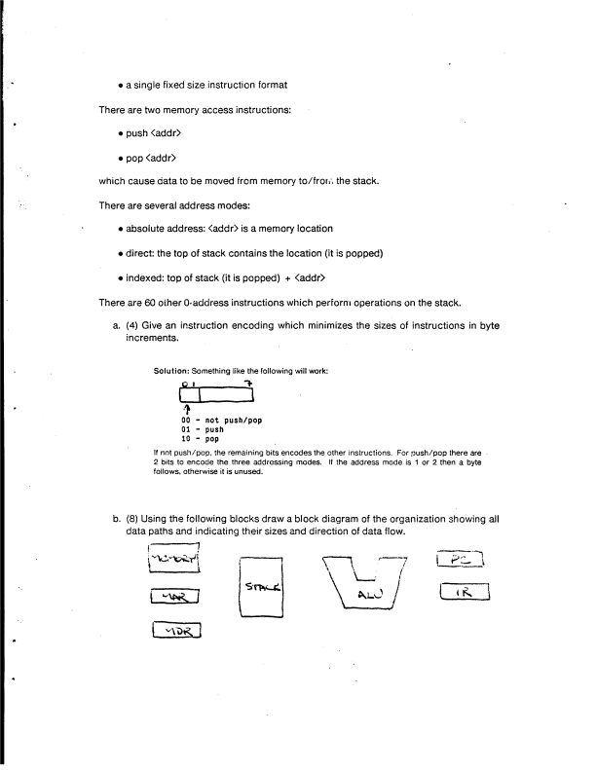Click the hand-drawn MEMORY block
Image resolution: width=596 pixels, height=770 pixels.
(x=181, y=562)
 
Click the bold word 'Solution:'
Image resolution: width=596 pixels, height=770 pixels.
(x=176, y=370)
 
